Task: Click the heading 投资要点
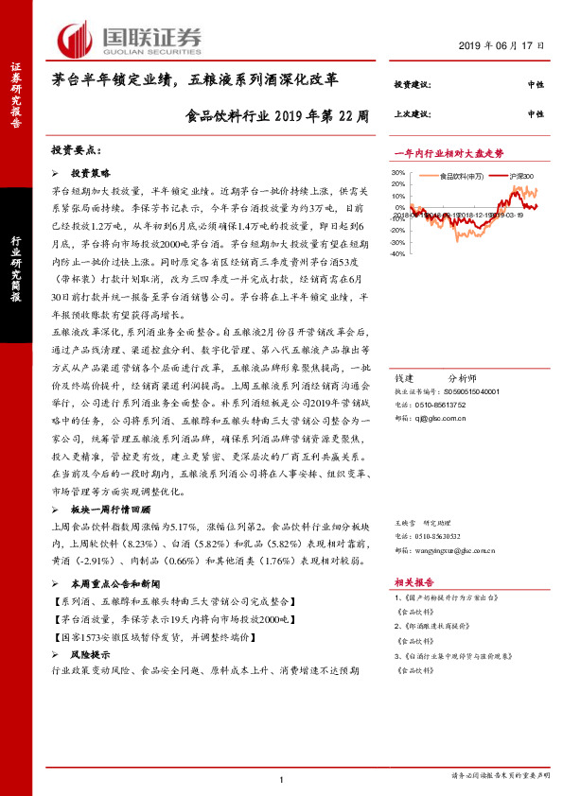coord(75,151)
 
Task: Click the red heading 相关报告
coord(414,582)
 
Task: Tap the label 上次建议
coord(413,113)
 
